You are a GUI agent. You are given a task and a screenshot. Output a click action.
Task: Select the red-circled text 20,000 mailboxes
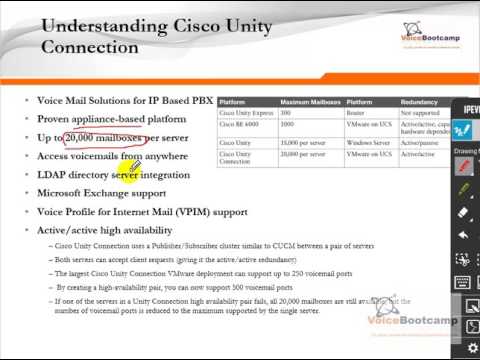coord(103,138)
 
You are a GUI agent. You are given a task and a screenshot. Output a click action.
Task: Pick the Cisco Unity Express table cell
coord(246,114)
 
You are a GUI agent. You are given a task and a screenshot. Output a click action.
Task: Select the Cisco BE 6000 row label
coord(240,125)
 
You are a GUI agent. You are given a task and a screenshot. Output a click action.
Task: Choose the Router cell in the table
coord(356,114)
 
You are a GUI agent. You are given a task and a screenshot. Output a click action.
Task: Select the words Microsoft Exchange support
coord(101,193)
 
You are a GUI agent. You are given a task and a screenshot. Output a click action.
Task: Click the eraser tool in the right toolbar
coord(464,212)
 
